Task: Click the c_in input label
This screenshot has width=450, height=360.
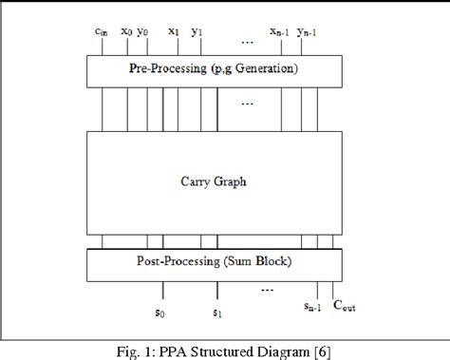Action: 101,31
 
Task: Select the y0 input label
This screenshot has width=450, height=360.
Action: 143,31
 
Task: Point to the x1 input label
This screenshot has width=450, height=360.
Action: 174,31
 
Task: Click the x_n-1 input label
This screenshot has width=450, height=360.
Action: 279,32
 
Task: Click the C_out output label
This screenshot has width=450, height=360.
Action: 338,307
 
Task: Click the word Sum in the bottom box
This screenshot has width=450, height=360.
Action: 239,261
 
